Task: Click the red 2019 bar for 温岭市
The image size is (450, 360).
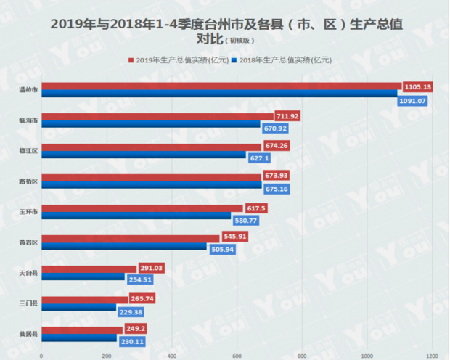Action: [218, 86]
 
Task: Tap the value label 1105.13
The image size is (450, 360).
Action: [417, 86]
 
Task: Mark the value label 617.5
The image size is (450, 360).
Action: [255, 208]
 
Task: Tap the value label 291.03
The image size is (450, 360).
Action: [152, 268]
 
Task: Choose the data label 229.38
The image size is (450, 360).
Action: [131, 311]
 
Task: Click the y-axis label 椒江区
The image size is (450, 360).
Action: [29, 150]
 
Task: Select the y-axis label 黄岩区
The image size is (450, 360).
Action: [29, 240]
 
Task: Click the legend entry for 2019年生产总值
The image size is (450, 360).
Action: [177, 60]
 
